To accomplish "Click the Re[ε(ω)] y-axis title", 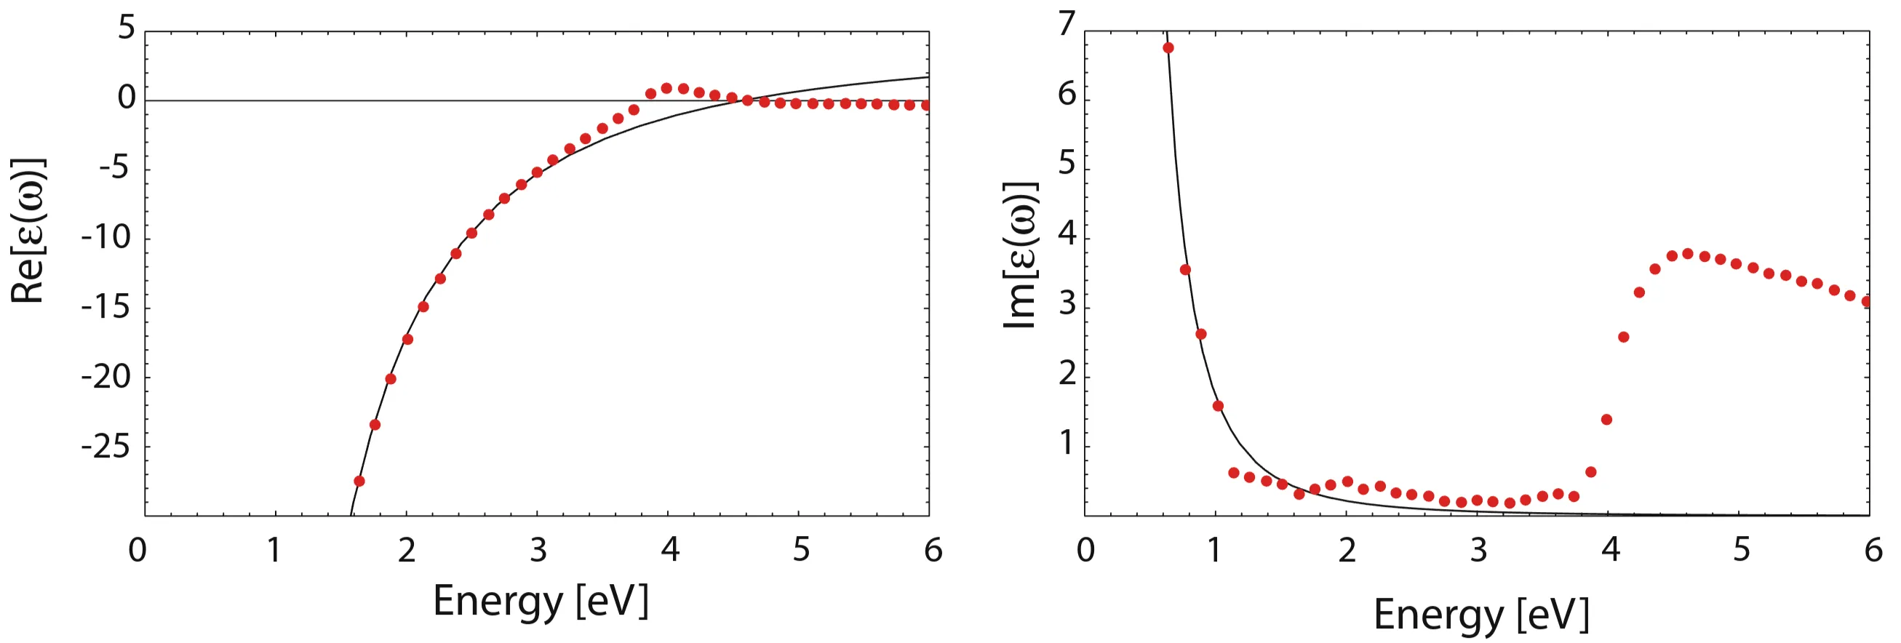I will [28, 231].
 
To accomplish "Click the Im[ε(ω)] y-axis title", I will [1021, 255].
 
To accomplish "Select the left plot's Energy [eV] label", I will [541, 600].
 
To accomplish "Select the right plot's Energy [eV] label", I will [1480, 614].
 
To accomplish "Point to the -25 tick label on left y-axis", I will [105, 446].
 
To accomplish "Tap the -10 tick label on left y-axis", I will [105, 238].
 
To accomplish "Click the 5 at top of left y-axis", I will [127, 28].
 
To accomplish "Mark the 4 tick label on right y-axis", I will [1067, 234].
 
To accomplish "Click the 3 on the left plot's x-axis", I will [538, 550].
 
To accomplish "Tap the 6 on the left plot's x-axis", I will [933, 550].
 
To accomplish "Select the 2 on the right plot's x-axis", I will [1347, 550].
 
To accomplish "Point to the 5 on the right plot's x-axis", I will [1742, 550].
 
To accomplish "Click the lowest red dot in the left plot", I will [359, 481].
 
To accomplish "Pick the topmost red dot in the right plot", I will [1168, 48].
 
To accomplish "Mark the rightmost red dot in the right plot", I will [1866, 301].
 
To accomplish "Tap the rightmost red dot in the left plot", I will [925, 105].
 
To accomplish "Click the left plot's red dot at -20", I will [391, 379].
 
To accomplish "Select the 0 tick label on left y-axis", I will [127, 98].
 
